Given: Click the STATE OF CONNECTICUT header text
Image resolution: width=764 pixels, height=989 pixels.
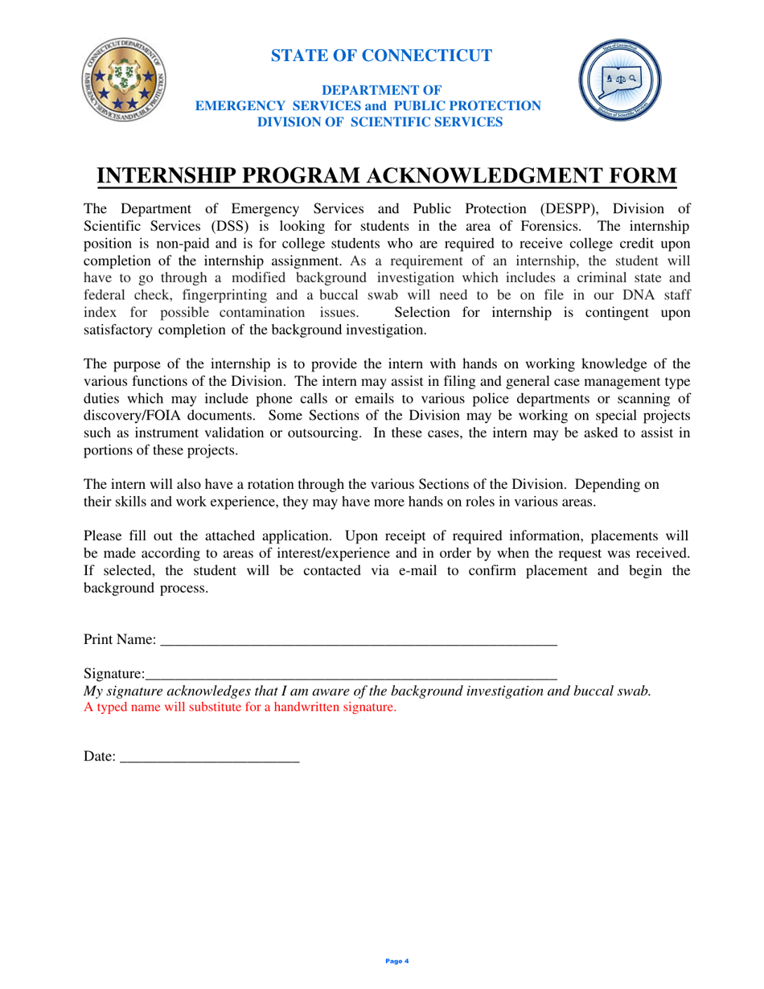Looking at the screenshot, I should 381,55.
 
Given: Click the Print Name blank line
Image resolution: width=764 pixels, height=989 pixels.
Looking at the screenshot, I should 359,642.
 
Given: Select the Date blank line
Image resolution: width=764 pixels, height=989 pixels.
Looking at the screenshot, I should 209,757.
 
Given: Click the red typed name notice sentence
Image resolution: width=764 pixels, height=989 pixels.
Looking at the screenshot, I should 240,708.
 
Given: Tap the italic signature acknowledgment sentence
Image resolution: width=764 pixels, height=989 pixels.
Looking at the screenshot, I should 367,691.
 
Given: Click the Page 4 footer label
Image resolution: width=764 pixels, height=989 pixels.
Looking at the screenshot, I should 397,961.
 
